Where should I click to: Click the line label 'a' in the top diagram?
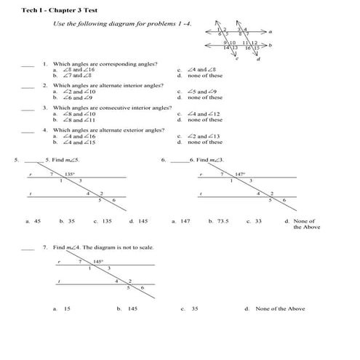point(270,32)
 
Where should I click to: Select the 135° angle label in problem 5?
point(70,175)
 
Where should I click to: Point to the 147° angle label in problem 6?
point(241,175)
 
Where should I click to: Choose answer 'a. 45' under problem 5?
point(33,220)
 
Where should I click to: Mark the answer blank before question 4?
point(28,130)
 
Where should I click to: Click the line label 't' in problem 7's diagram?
point(58,281)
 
